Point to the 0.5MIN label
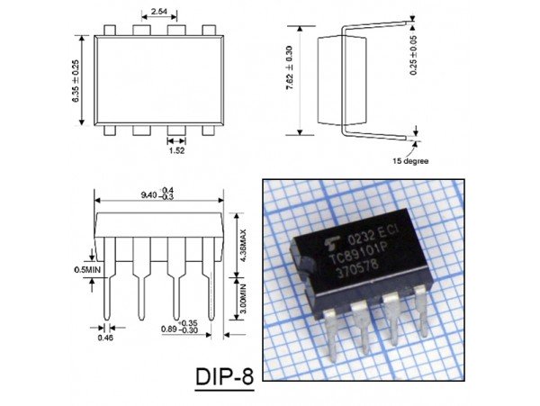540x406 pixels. [86, 268]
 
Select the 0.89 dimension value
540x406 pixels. [168, 329]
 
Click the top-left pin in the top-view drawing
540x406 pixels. [109, 30]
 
